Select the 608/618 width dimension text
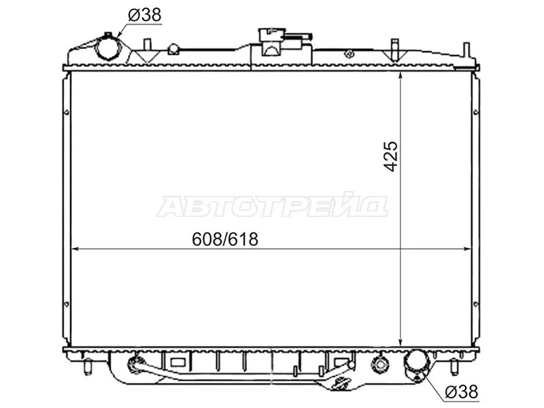[x=226, y=239]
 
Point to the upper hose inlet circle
[x=107, y=48]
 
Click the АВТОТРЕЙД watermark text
[x=272, y=206]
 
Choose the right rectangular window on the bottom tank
[x=340, y=361]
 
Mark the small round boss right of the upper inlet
[x=173, y=49]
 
